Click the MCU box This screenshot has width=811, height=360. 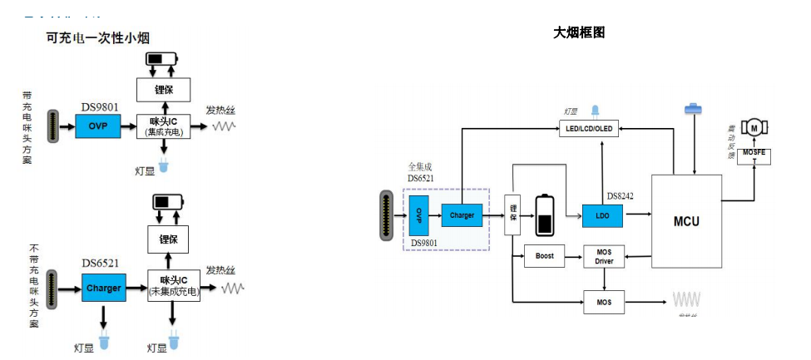pos(686,222)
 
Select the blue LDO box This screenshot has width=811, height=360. pos(603,215)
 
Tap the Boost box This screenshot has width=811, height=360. pos(545,255)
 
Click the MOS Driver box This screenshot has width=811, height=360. pos(604,256)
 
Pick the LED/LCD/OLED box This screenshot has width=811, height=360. pos(591,127)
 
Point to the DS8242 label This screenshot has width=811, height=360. pos(621,196)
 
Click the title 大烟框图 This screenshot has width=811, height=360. pos(578,32)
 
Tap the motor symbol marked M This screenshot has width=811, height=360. pos(754,126)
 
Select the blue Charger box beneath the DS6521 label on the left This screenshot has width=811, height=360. pos(104,288)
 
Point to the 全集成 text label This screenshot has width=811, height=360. pos(422,166)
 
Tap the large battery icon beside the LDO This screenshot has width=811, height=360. pos(546,215)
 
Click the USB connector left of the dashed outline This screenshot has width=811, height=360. pos(386,215)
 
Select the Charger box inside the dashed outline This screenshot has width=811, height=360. pos(462,215)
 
